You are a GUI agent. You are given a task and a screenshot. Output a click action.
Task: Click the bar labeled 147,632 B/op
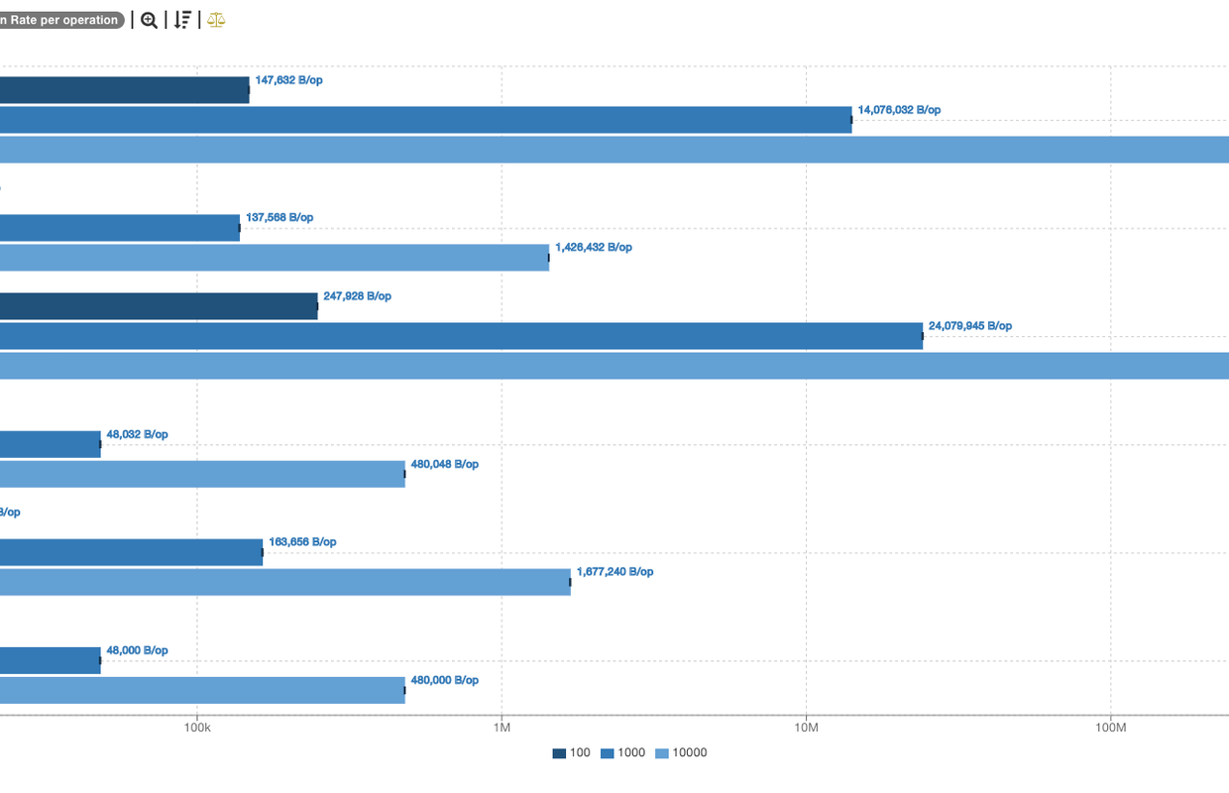tap(124, 90)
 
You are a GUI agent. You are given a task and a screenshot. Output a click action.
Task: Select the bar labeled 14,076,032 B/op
tap(426, 120)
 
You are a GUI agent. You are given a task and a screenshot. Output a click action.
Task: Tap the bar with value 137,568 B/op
tap(119, 228)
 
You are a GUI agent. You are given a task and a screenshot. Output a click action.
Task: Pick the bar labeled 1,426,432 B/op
tap(275, 258)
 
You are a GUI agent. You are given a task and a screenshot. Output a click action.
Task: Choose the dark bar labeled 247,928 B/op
tap(159, 306)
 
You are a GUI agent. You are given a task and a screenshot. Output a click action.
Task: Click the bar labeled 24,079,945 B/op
tap(461, 336)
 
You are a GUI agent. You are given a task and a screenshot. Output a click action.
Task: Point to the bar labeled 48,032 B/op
tap(50, 444)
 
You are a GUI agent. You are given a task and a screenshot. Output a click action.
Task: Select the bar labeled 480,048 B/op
tap(202, 474)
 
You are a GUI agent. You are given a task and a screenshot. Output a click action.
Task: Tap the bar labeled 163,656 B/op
tap(131, 552)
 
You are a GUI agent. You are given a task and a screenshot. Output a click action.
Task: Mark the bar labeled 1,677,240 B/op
tap(285, 582)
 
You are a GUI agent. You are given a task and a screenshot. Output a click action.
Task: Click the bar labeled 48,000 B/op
tap(50, 660)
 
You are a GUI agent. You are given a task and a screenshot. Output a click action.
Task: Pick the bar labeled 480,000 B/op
tap(202, 690)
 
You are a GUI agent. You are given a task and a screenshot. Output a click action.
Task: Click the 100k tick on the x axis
tap(197, 728)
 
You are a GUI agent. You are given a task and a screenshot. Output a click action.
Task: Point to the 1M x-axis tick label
tap(502, 728)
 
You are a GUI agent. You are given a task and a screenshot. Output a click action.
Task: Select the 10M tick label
tap(806, 728)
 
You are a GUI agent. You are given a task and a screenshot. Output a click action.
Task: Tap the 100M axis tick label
tap(1111, 728)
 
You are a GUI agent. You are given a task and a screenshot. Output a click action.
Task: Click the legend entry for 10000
tap(682, 753)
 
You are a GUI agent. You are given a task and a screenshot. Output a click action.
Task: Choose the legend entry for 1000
tap(623, 753)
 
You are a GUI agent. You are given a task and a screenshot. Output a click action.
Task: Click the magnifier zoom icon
tap(149, 20)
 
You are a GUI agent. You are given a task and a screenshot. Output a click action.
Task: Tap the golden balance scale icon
tap(216, 20)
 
